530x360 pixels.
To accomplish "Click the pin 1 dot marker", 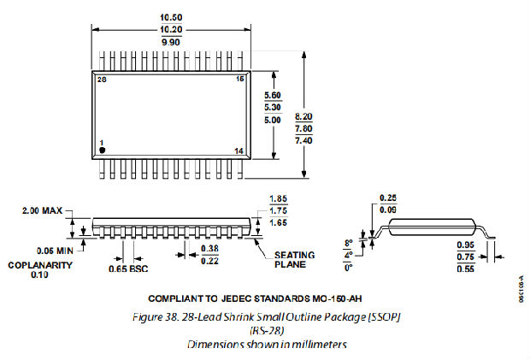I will point(103,150).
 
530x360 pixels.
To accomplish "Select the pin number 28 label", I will point(102,80).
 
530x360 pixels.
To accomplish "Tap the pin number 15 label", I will point(239,80).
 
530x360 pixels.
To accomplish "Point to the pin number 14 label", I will point(238,150).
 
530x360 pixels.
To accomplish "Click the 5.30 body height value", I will point(273,107).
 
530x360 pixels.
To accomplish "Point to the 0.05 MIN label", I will point(53,251).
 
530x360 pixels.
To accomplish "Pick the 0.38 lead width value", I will point(208,248).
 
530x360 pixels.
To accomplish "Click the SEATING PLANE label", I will point(295,260).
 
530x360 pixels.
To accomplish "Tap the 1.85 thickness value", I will point(278,198).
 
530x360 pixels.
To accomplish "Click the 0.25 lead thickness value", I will point(388,198).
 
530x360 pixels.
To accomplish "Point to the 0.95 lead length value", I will point(466,242).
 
